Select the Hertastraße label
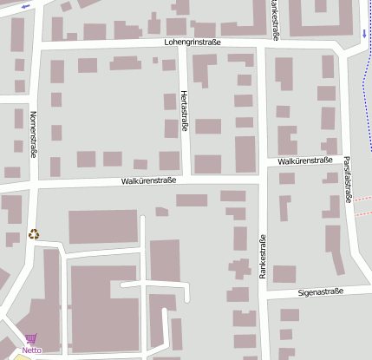(x=184, y=113)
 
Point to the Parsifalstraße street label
(x=348, y=180)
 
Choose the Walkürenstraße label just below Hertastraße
(x=148, y=181)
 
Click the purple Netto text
(x=32, y=350)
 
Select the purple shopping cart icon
(x=31, y=340)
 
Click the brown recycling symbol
(x=34, y=233)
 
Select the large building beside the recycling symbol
(x=103, y=226)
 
